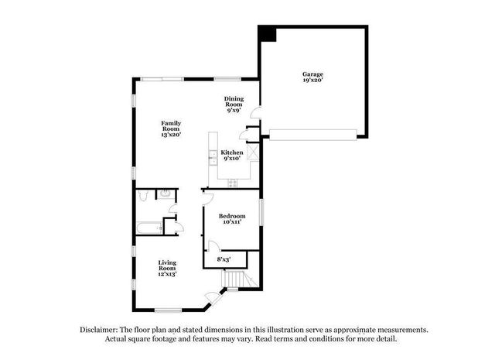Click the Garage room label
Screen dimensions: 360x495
tap(312, 74)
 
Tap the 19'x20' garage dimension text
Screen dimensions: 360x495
tap(312, 81)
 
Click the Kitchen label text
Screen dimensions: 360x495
tap(232, 153)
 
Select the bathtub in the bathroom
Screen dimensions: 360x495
tap(148, 227)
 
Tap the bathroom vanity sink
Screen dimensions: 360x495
tap(169, 195)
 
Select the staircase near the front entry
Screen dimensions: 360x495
tap(234, 279)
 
